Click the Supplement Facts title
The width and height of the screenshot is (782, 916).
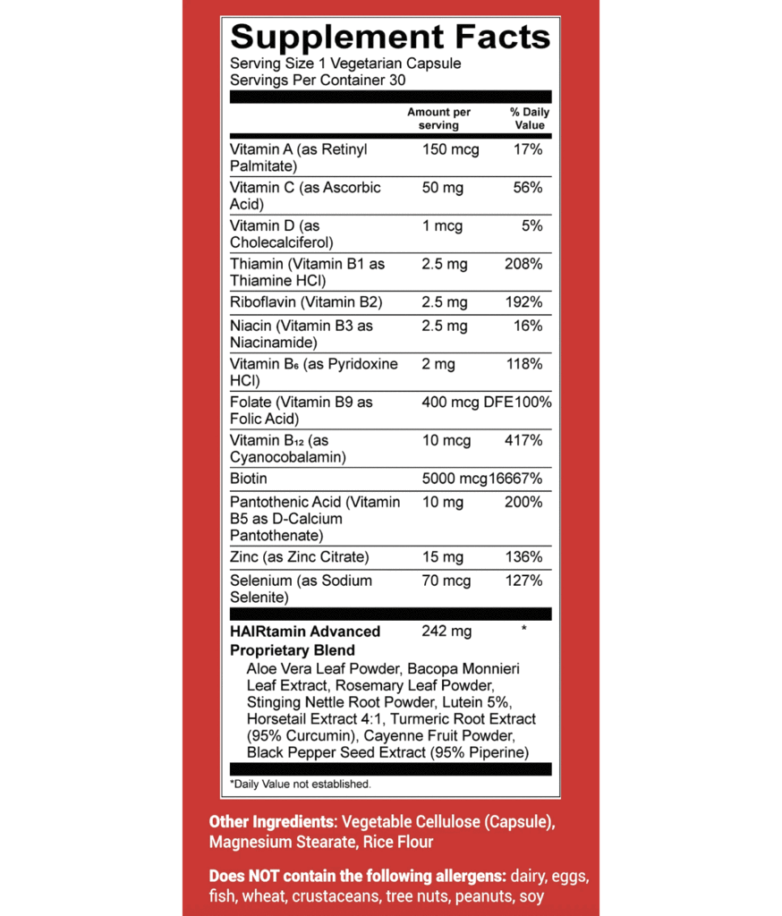(x=390, y=38)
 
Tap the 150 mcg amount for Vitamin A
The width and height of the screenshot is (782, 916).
(x=450, y=149)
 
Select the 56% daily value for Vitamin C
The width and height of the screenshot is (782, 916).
(x=528, y=188)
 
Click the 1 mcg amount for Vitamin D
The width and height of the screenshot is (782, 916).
(x=442, y=226)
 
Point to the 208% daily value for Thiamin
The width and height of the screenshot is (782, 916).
(x=524, y=265)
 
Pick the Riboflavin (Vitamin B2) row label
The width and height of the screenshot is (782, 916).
(x=306, y=302)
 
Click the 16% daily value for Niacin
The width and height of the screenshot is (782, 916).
(x=529, y=326)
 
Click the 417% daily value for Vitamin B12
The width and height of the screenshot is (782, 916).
(x=524, y=440)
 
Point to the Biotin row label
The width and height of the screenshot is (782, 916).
(x=248, y=479)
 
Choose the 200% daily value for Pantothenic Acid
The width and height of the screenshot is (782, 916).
(x=523, y=502)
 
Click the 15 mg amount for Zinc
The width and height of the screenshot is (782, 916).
(x=443, y=557)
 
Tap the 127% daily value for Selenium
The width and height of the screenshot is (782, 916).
(x=524, y=581)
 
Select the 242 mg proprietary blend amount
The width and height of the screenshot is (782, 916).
(x=446, y=632)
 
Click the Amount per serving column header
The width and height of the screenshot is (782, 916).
(x=438, y=119)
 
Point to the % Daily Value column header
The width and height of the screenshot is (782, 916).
(x=530, y=119)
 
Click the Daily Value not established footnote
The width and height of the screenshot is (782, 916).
(x=301, y=785)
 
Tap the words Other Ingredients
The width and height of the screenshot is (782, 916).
(x=272, y=821)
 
